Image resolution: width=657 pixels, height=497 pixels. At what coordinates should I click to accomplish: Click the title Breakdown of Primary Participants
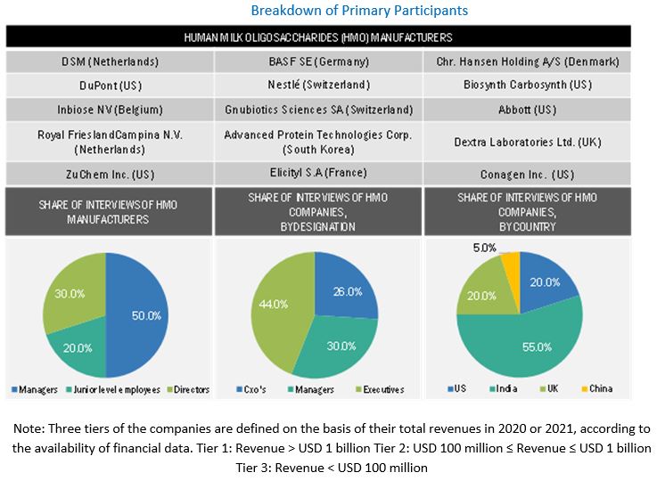[359, 11]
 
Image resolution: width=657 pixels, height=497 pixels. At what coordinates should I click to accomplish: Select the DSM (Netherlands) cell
[110, 62]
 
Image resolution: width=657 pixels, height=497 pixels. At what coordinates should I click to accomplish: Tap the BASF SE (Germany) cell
[318, 62]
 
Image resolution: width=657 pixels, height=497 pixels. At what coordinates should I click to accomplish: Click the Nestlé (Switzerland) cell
[318, 86]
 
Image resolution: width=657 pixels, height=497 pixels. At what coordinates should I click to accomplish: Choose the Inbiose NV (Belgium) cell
[110, 110]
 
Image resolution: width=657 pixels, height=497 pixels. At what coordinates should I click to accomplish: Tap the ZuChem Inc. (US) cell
[110, 173]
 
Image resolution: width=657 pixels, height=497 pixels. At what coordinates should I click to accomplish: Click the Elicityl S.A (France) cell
[318, 173]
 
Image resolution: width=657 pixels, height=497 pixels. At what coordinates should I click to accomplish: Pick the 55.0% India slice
[526, 343]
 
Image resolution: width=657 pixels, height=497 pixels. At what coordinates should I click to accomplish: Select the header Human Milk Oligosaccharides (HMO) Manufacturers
[318, 37]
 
